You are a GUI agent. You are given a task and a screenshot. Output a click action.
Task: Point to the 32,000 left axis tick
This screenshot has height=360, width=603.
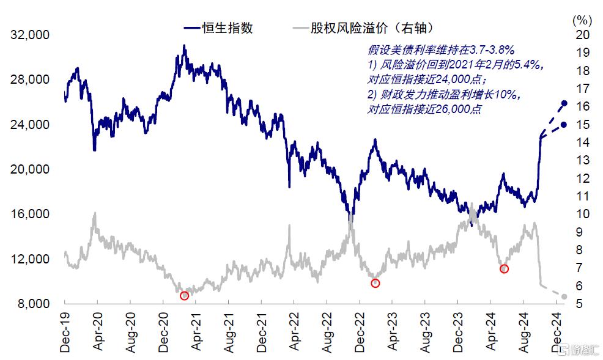(31, 35)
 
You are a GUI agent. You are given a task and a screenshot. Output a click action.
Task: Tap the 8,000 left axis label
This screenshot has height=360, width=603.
(33, 304)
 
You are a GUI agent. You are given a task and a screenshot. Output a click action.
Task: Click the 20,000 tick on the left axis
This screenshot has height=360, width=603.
(31, 169)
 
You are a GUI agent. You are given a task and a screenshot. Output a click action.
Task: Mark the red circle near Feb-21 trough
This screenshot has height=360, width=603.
(184, 296)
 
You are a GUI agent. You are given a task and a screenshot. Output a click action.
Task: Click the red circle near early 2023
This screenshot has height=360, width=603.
(375, 283)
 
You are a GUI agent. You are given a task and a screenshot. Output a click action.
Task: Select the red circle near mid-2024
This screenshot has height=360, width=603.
(504, 269)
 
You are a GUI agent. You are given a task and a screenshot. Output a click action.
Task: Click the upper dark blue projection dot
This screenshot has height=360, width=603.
(564, 104)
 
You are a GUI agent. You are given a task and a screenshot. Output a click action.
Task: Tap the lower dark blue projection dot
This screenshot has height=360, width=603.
(564, 125)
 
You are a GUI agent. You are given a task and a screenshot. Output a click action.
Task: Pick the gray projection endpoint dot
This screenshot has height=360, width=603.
(564, 297)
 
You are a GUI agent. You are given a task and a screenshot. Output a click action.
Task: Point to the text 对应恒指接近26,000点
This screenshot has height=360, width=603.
(424, 109)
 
